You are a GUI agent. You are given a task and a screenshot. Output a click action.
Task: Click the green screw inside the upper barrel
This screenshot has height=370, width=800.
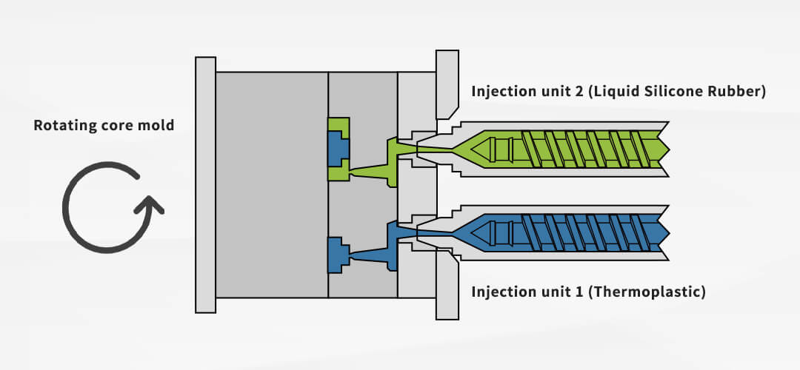[585, 148]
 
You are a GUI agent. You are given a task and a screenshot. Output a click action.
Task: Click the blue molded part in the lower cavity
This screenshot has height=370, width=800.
[338, 254]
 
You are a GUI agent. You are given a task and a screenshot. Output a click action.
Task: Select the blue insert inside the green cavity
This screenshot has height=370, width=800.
[338, 148]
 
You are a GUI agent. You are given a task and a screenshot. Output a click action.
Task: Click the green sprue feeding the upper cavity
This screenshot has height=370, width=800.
[378, 170]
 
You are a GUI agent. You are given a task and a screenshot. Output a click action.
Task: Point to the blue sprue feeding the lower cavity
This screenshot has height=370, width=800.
[378, 254]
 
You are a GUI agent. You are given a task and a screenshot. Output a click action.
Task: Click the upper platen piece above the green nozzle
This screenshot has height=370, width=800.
[446, 83]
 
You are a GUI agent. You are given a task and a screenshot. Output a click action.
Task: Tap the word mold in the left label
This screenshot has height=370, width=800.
[159, 125]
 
